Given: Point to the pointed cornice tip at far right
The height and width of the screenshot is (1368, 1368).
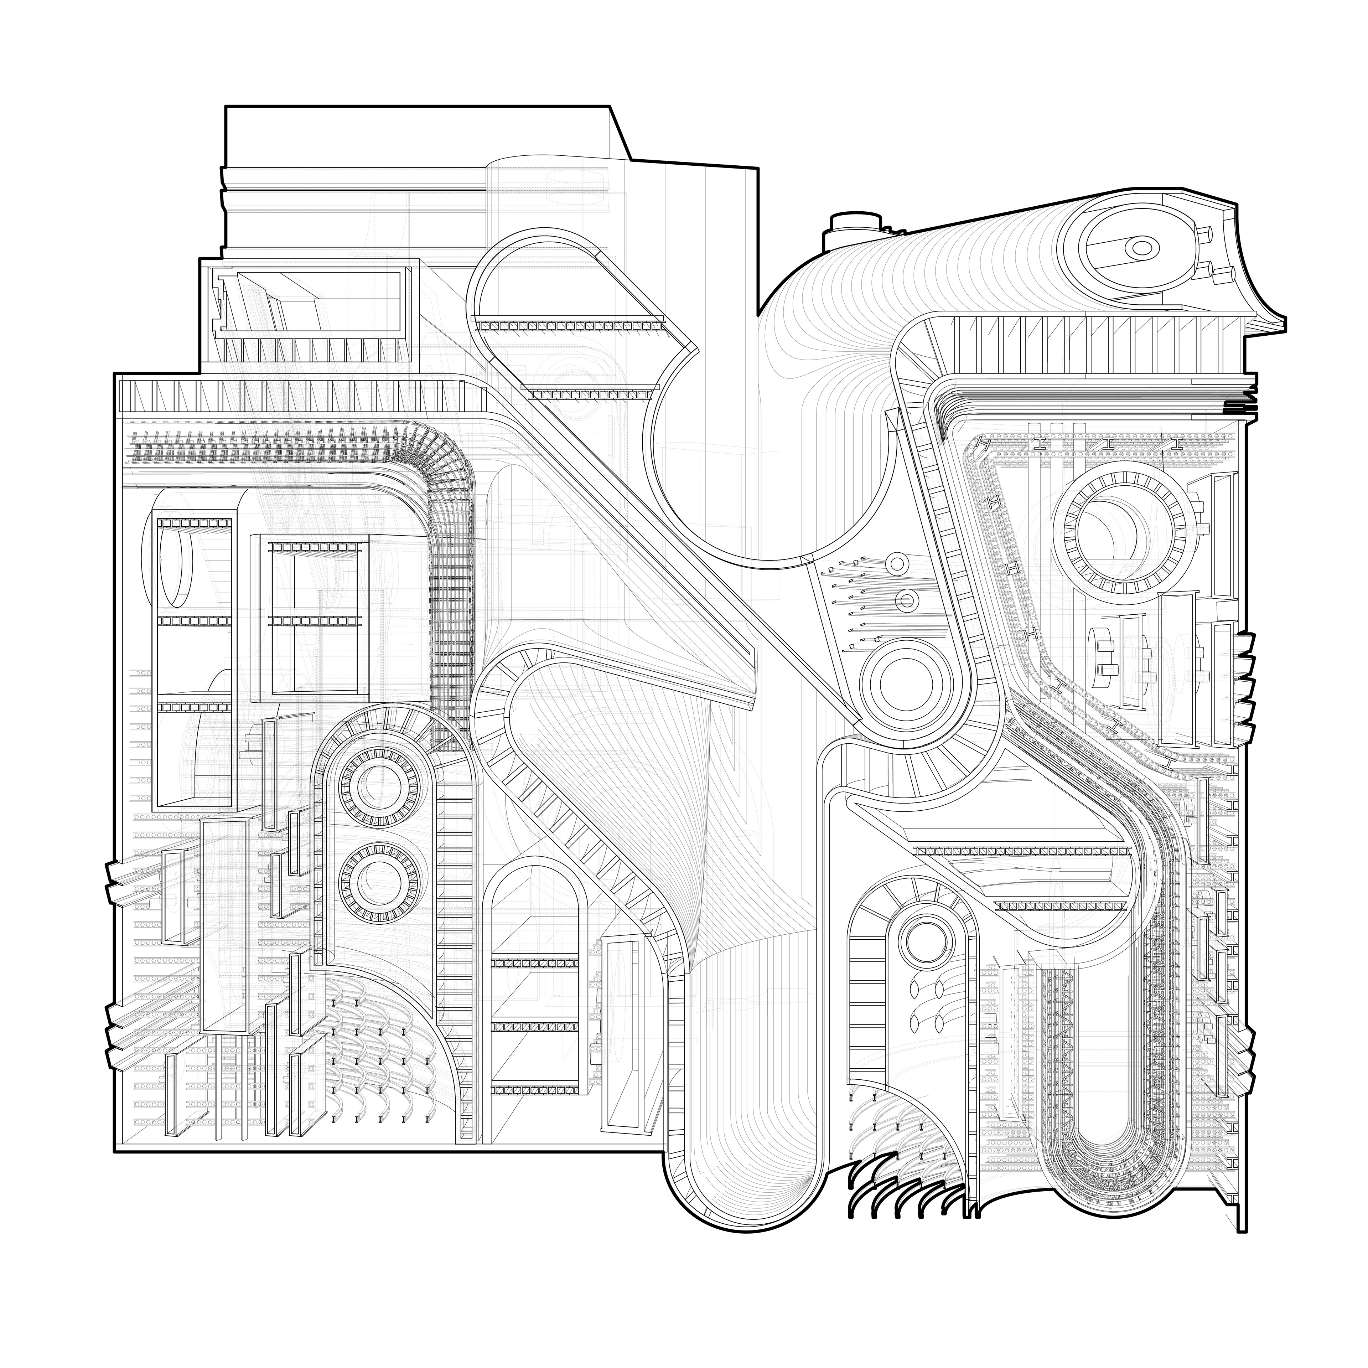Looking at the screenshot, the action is point(1278,327).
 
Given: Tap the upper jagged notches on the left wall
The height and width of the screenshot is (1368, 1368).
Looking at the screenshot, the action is point(117,882).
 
